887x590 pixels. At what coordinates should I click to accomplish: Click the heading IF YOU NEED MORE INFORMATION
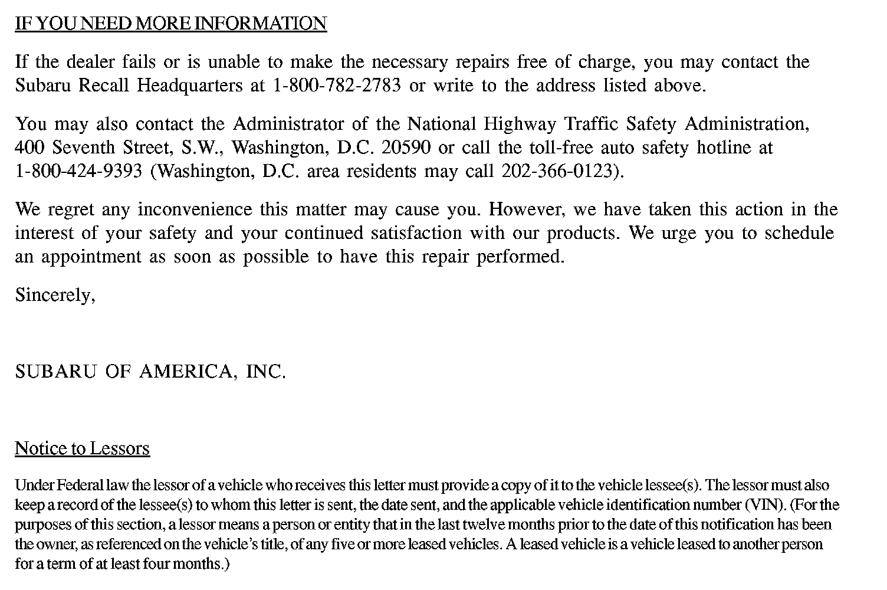pyautogui.click(x=170, y=24)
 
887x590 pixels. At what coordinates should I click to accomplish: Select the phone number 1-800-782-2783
pyautogui.click(x=337, y=86)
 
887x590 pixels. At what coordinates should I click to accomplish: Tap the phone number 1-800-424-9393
pyautogui.click(x=78, y=172)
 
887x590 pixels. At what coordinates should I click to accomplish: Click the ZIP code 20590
pyautogui.click(x=406, y=147)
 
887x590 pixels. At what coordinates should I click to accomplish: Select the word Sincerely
pyautogui.click(x=54, y=295)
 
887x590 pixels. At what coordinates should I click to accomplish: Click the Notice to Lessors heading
pyautogui.click(x=82, y=449)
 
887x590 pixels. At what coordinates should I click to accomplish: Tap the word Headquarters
pyautogui.click(x=189, y=86)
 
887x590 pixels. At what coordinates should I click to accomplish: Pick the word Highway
pyautogui.click(x=520, y=124)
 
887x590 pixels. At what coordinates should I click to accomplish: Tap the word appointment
pyautogui.click(x=91, y=257)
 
